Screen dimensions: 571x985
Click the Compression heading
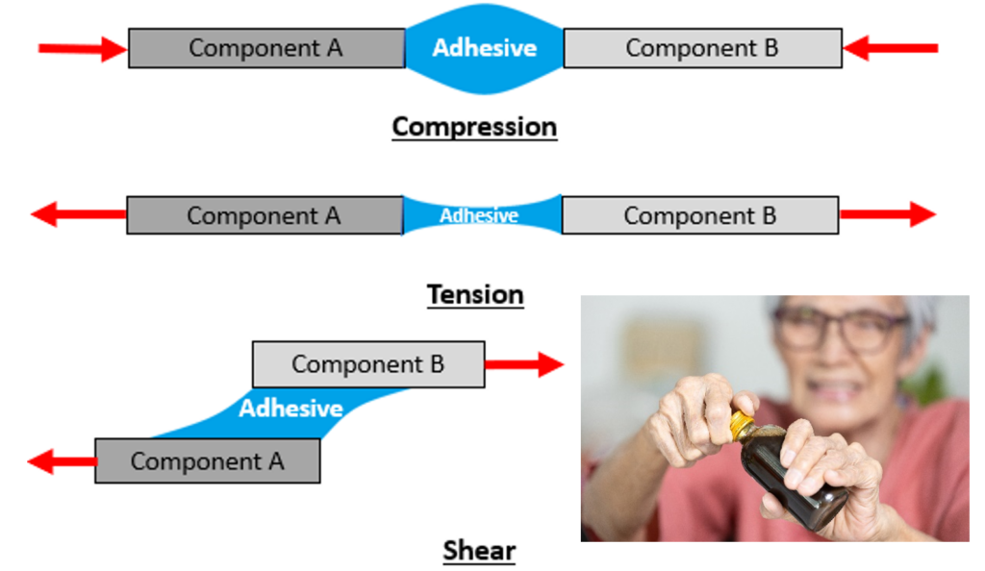click(x=474, y=127)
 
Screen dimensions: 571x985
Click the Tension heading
click(x=475, y=294)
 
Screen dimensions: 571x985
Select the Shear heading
click(x=479, y=551)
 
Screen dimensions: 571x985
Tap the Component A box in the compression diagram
click(x=266, y=48)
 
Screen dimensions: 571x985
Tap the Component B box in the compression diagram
click(x=702, y=48)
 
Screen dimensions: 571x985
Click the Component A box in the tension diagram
click(x=265, y=215)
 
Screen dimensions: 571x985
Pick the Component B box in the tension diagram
click(x=700, y=215)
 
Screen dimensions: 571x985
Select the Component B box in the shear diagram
click(x=368, y=364)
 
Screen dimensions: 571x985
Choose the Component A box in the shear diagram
click(x=208, y=460)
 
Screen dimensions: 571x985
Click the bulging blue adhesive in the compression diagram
click(x=484, y=48)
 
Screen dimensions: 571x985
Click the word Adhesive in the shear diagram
click(x=290, y=409)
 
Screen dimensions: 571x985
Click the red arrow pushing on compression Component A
click(x=83, y=48)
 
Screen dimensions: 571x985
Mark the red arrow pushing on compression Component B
click(x=890, y=48)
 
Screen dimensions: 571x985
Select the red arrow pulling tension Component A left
click(x=78, y=215)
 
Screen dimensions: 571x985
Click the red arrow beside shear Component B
click(x=523, y=364)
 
